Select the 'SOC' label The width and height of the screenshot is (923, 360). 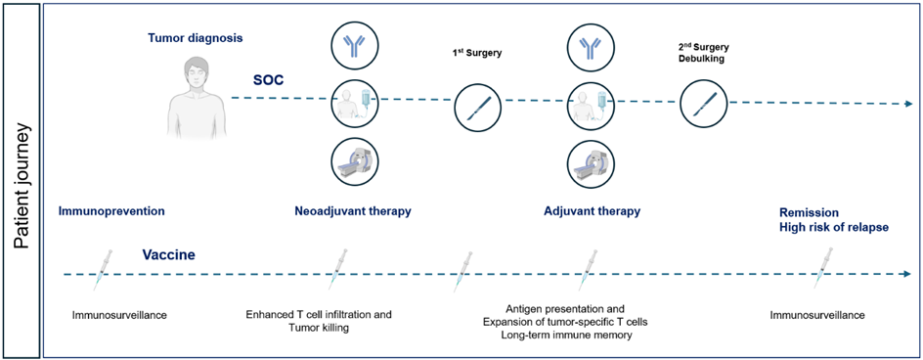point(266,79)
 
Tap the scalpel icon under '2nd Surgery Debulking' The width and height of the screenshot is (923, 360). point(703,104)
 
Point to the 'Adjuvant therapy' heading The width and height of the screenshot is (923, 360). point(592,211)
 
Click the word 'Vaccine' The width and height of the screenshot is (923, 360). point(168,256)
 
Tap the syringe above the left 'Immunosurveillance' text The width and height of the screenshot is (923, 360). point(103,269)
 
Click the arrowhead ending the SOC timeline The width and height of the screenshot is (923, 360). point(909,104)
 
